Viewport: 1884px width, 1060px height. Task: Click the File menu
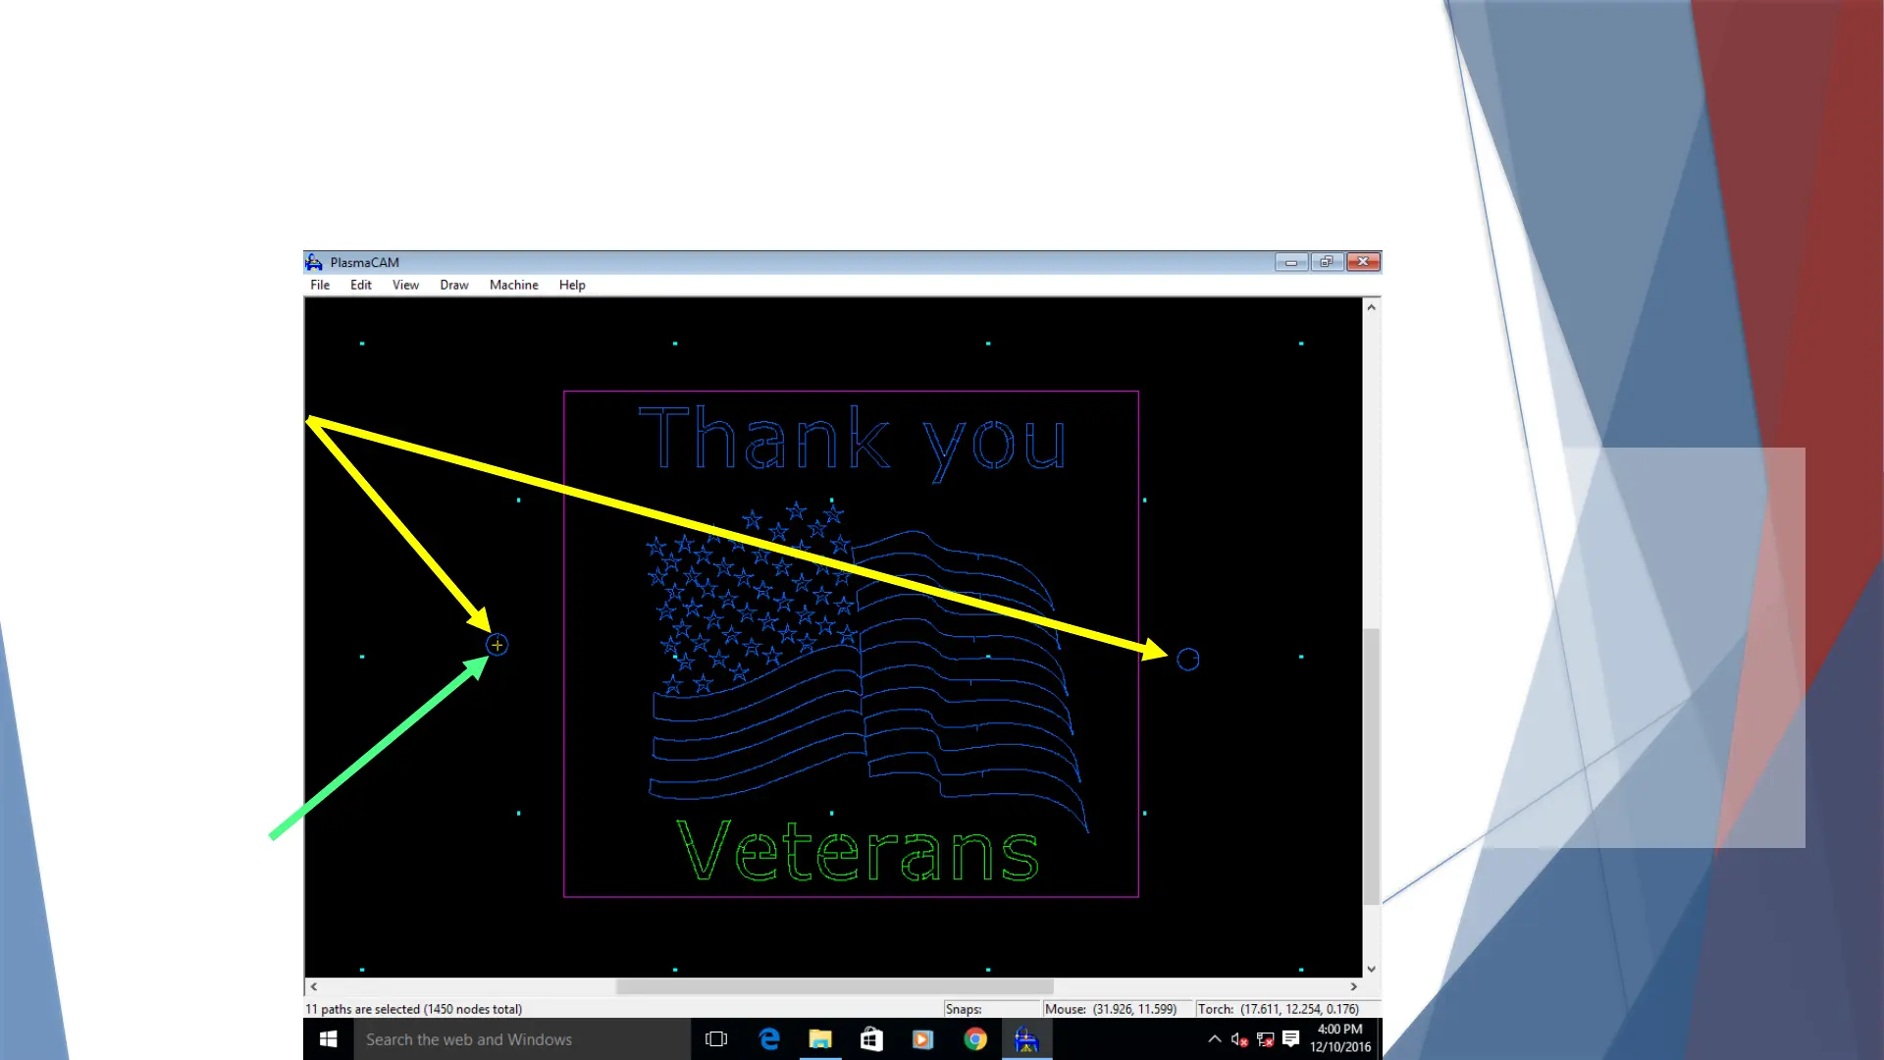click(x=320, y=285)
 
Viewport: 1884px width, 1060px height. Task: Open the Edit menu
click(x=360, y=285)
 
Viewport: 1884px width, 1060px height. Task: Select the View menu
click(x=405, y=285)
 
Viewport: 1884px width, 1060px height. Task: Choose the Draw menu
click(x=453, y=285)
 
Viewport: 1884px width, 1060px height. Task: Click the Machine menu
click(x=513, y=285)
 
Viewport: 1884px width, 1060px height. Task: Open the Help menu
click(x=572, y=285)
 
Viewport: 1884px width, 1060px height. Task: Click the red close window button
click(x=1363, y=262)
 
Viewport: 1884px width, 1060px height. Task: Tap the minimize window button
click(x=1291, y=262)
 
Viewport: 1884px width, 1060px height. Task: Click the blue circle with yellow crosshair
click(x=497, y=645)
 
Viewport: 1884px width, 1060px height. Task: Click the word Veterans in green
click(x=857, y=851)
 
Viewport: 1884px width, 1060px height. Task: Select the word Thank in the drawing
click(x=764, y=438)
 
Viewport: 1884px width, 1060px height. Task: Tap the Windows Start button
click(x=329, y=1038)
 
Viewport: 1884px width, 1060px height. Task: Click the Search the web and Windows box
click(x=522, y=1039)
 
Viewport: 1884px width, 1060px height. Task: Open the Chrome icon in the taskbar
click(x=974, y=1039)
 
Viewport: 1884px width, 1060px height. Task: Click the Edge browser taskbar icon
click(x=769, y=1039)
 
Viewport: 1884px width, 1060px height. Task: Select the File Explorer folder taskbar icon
click(x=820, y=1039)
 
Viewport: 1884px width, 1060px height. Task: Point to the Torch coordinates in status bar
click(x=1278, y=1009)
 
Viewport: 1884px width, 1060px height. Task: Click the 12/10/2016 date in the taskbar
click(x=1339, y=1047)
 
